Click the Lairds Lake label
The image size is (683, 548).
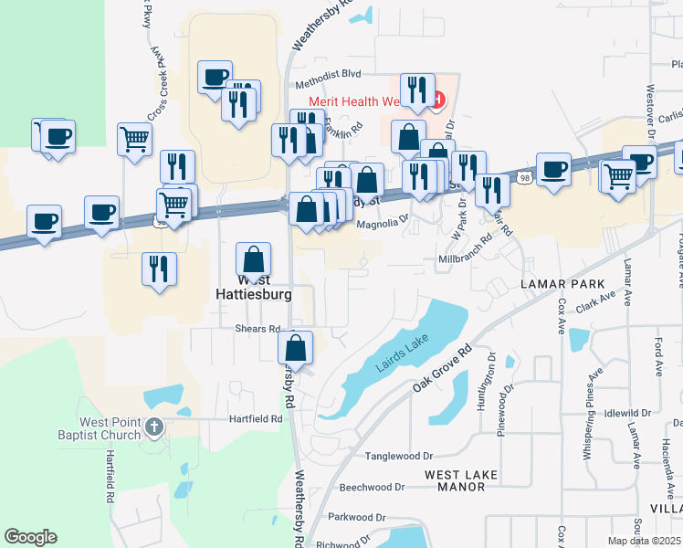(x=401, y=356)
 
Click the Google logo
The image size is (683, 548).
(x=30, y=537)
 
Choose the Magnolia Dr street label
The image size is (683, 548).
(x=383, y=223)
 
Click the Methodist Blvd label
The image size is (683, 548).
(x=328, y=72)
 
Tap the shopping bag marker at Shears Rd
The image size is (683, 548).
(x=296, y=348)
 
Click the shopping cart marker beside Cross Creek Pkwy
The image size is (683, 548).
(x=134, y=141)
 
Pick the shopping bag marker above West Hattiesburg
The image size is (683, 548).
(x=253, y=259)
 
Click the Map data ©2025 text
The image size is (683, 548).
(x=645, y=541)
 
